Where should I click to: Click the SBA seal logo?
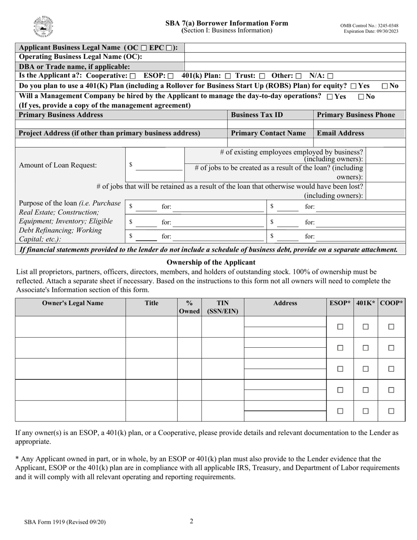click(43, 27)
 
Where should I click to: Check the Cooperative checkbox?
click(133, 76)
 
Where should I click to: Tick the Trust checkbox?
click(262, 76)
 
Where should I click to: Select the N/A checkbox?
click(330, 76)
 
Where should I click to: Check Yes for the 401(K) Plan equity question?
click(353, 86)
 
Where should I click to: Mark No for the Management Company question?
click(361, 97)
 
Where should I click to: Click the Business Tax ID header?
click(257, 115)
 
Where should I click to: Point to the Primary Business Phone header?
click(356, 115)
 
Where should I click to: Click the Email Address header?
click(340, 133)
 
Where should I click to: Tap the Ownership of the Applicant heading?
click(211, 263)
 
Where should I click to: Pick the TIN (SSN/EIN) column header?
click(223, 307)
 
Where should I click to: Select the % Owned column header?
click(189, 307)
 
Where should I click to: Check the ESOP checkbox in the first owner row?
click(340, 327)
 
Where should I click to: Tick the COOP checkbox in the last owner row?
click(391, 411)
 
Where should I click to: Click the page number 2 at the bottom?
click(191, 521)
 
